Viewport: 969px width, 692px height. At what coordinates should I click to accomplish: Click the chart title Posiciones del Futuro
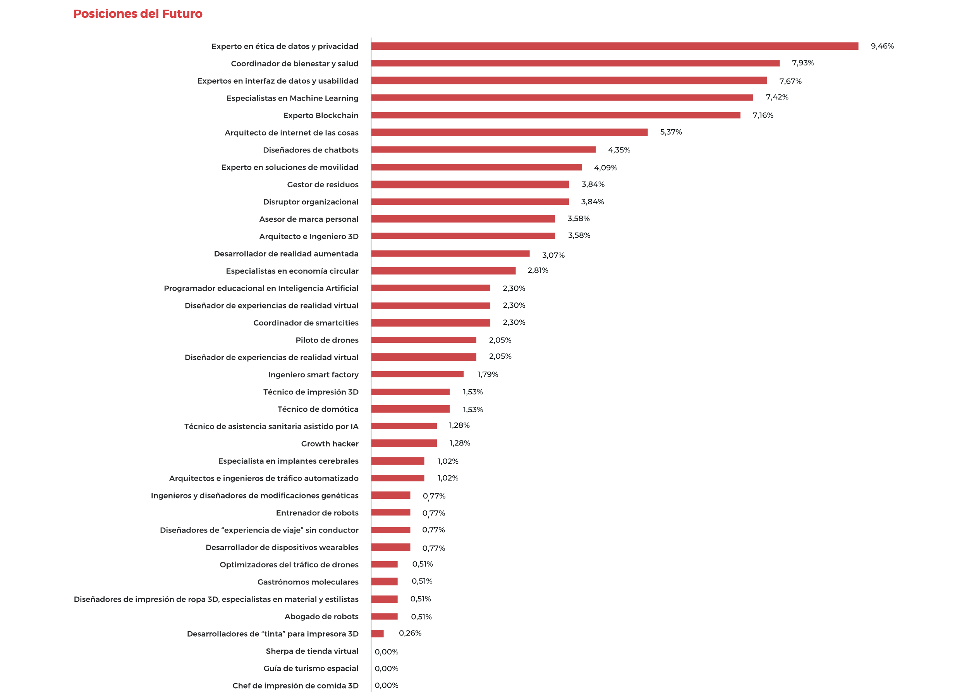pyautogui.click(x=138, y=14)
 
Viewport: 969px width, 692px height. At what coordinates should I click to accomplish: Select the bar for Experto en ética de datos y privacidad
pyautogui.click(x=614, y=46)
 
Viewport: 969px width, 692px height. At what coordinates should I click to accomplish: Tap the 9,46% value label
pyautogui.click(x=881, y=46)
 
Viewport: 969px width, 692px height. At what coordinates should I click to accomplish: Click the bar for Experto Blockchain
pyautogui.click(x=555, y=115)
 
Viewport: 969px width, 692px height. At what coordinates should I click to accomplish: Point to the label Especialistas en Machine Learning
pyautogui.click(x=292, y=98)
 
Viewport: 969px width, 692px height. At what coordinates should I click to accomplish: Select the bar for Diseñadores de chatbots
pyautogui.click(x=483, y=149)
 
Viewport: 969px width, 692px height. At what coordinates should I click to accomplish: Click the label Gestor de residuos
pyautogui.click(x=322, y=185)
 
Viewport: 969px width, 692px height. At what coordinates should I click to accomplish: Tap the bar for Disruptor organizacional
pyautogui.click(x=470, y=202)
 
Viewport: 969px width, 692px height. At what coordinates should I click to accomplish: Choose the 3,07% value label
pyautogui.click(x=553, y=255)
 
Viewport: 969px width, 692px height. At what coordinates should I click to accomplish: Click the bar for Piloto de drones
pyautogui.click(x=423, y=339)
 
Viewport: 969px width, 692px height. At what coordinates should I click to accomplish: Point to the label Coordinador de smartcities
pyautogui.click(x=306, y=322)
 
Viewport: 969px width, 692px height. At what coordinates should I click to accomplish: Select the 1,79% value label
pyautogui.click(x=487, y=375)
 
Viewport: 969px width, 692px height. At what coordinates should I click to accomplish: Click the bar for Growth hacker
pyautogui.click(x=404, y=443)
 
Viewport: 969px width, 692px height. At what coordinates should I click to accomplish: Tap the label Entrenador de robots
pyautogui.click(x=317, y=512)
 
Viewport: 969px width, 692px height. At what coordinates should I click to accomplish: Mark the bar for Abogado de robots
pyautogui.click(x=384, y=616)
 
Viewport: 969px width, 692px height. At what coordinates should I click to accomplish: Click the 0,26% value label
pyautogui.click(x=410, y=633)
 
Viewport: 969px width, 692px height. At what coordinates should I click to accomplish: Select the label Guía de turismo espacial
pyautogui.click(x=311, y=668)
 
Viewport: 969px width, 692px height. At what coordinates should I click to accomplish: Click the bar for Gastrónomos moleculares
pyautogui.click(x=384, y=581)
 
